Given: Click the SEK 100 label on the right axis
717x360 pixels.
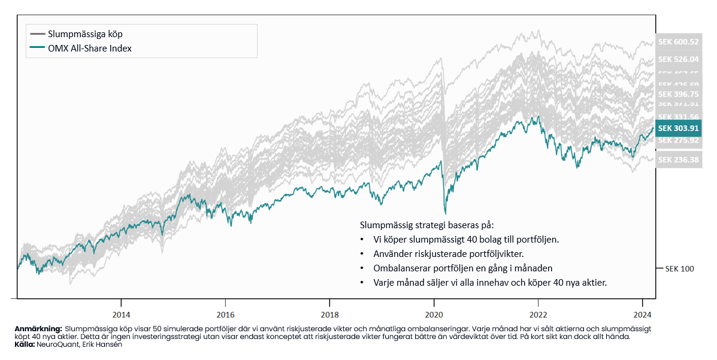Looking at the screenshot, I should pos(679,268).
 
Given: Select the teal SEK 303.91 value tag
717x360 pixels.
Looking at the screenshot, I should pos(678,128).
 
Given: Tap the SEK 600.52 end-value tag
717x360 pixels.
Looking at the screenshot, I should pos(678,42).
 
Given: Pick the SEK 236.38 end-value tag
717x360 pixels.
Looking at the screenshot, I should pos(678,160).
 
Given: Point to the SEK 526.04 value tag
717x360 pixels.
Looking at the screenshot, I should pos(678,59).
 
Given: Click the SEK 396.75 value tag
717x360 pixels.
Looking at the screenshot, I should pos(678,94).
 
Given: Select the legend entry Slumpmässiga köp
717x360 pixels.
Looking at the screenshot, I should pos(85,34).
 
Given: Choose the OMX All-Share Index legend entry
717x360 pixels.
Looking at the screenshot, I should pos(90,49).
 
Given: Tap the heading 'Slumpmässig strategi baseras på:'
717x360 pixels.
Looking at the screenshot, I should pos(426,225).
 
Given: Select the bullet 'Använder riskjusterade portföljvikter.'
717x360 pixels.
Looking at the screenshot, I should pos(448,254).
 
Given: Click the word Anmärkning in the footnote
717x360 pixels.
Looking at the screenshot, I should pos(38,329).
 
